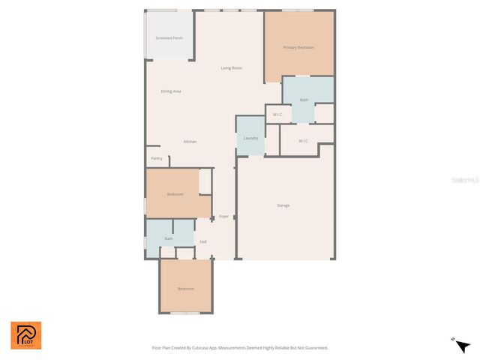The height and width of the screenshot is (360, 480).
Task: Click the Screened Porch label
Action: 169,37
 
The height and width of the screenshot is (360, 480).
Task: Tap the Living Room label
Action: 231,68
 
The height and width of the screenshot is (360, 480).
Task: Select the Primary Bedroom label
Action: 298,47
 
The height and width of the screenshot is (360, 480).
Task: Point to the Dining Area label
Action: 171,91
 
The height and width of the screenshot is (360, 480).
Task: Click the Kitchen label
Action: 190,142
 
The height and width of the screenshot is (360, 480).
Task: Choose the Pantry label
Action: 157,158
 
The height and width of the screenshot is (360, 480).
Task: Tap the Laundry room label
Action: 250,138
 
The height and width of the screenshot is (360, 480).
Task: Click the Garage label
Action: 283,205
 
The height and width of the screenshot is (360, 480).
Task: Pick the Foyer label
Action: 223,217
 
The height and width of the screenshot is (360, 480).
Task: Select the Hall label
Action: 203,241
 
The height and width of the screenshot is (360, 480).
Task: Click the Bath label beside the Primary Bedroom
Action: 304,100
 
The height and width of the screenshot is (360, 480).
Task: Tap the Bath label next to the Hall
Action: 169,238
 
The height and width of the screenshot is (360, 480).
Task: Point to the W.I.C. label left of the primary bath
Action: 277,115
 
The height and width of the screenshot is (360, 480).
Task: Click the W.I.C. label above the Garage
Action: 304,141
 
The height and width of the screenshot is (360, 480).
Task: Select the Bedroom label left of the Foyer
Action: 175,194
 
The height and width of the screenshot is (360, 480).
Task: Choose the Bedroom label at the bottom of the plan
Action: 185,289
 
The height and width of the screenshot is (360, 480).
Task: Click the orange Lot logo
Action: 26,335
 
